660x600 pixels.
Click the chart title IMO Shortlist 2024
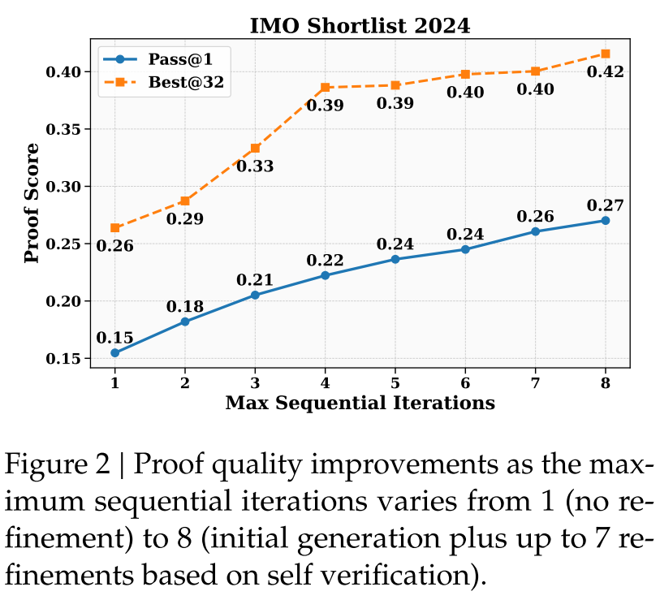pos(360,25)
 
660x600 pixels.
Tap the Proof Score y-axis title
pos(32,203)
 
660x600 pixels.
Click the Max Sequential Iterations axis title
pos(360,403)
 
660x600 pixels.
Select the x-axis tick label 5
pos(395,382)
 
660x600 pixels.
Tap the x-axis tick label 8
pos(605,382)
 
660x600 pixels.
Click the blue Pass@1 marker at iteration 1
pos(115,352)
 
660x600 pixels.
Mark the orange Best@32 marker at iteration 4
pos(325,87)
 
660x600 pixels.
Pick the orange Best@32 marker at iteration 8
pos(605,54)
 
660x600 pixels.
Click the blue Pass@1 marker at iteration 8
pos(605,220)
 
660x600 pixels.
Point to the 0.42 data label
pos(605,73)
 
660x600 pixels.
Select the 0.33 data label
pos(255,166)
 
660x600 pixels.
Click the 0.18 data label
pos(185,307)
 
